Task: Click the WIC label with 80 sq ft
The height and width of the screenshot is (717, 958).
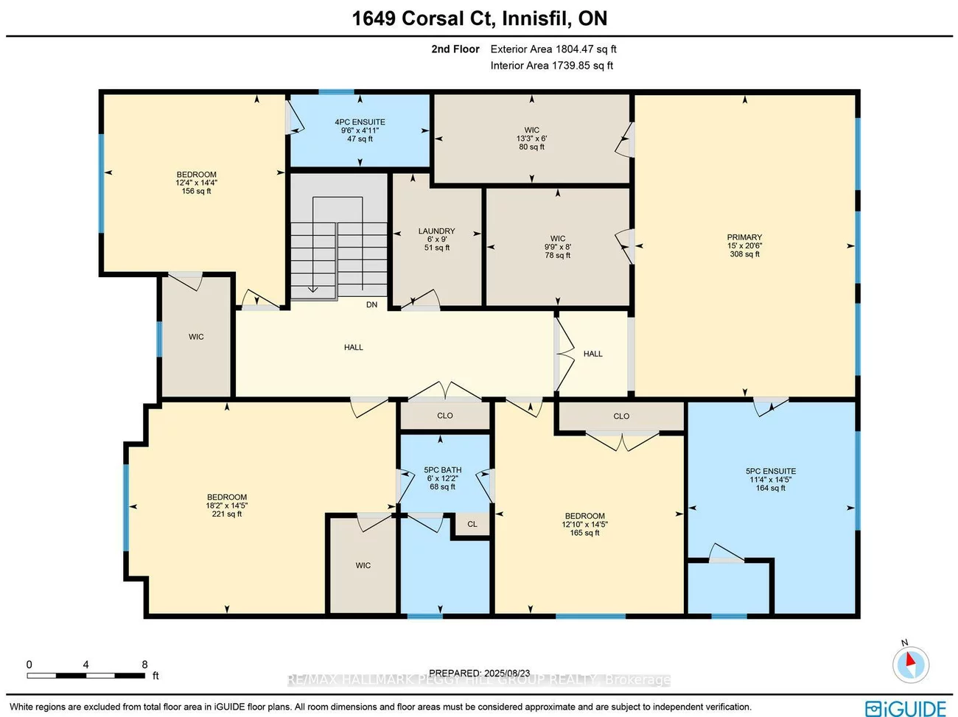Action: [531, 139]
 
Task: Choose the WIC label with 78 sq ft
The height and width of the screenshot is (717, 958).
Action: [558, 247]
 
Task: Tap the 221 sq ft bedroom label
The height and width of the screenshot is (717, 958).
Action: [226, 506]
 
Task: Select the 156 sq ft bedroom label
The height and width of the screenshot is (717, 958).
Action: [196, 183]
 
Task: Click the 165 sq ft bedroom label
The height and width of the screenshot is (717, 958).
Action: [584, 525]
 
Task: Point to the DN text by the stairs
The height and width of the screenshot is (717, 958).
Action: [371, 305]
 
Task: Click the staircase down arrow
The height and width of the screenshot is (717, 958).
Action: [312, 287]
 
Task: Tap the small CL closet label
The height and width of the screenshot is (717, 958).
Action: [472, 525]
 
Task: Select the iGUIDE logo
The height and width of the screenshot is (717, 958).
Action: [906, 708]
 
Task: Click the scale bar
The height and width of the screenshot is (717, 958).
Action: [87, 675]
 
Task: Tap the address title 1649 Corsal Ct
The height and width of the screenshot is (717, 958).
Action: [479, 18]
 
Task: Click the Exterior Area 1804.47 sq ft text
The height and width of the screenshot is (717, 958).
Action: [553, 49]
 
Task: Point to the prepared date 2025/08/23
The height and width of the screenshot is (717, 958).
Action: [479, 673]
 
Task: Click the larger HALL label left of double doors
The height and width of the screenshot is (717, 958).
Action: [353, 347]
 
